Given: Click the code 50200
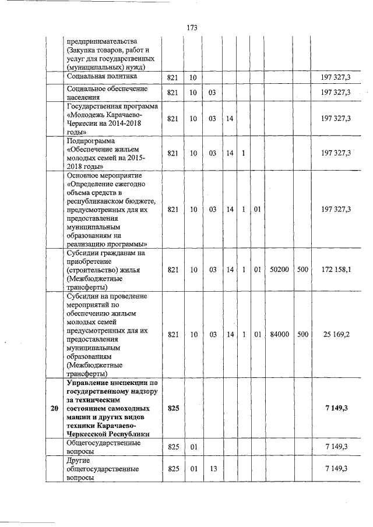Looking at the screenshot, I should [x=279, y=270].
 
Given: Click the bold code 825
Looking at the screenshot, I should [x=173, y=409].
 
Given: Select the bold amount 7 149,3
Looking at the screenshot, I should [x=336, y=409].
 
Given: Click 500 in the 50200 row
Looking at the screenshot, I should [x=302, y=270].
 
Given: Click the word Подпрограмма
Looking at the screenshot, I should [x=92, y=141].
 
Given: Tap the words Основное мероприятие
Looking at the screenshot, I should [x=105, y=175].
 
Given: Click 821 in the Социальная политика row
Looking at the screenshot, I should [x=173, y=77].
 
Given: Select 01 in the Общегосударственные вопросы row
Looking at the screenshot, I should [x=193, y=447].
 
